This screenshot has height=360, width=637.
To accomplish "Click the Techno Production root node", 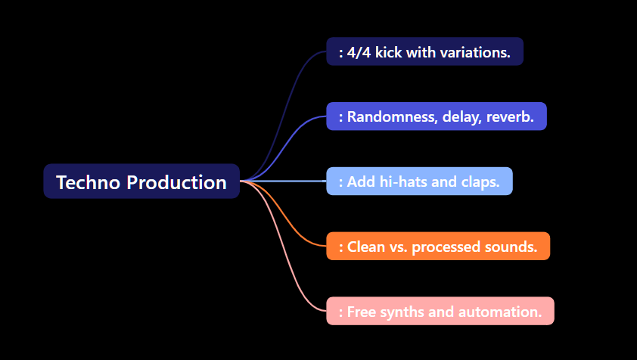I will coord(141,182).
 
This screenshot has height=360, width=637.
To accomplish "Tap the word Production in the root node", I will coord(176,182).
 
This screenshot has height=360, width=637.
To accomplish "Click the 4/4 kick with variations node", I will coord(424,52).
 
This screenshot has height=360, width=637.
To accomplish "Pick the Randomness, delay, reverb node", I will coord(436,116).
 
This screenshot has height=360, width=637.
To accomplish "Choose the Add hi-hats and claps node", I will coord(419,182).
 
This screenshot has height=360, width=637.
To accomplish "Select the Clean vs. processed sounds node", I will coord(438,247).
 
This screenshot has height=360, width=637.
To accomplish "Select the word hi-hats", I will coord(405,182).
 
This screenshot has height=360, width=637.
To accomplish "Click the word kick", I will coord(390,52).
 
